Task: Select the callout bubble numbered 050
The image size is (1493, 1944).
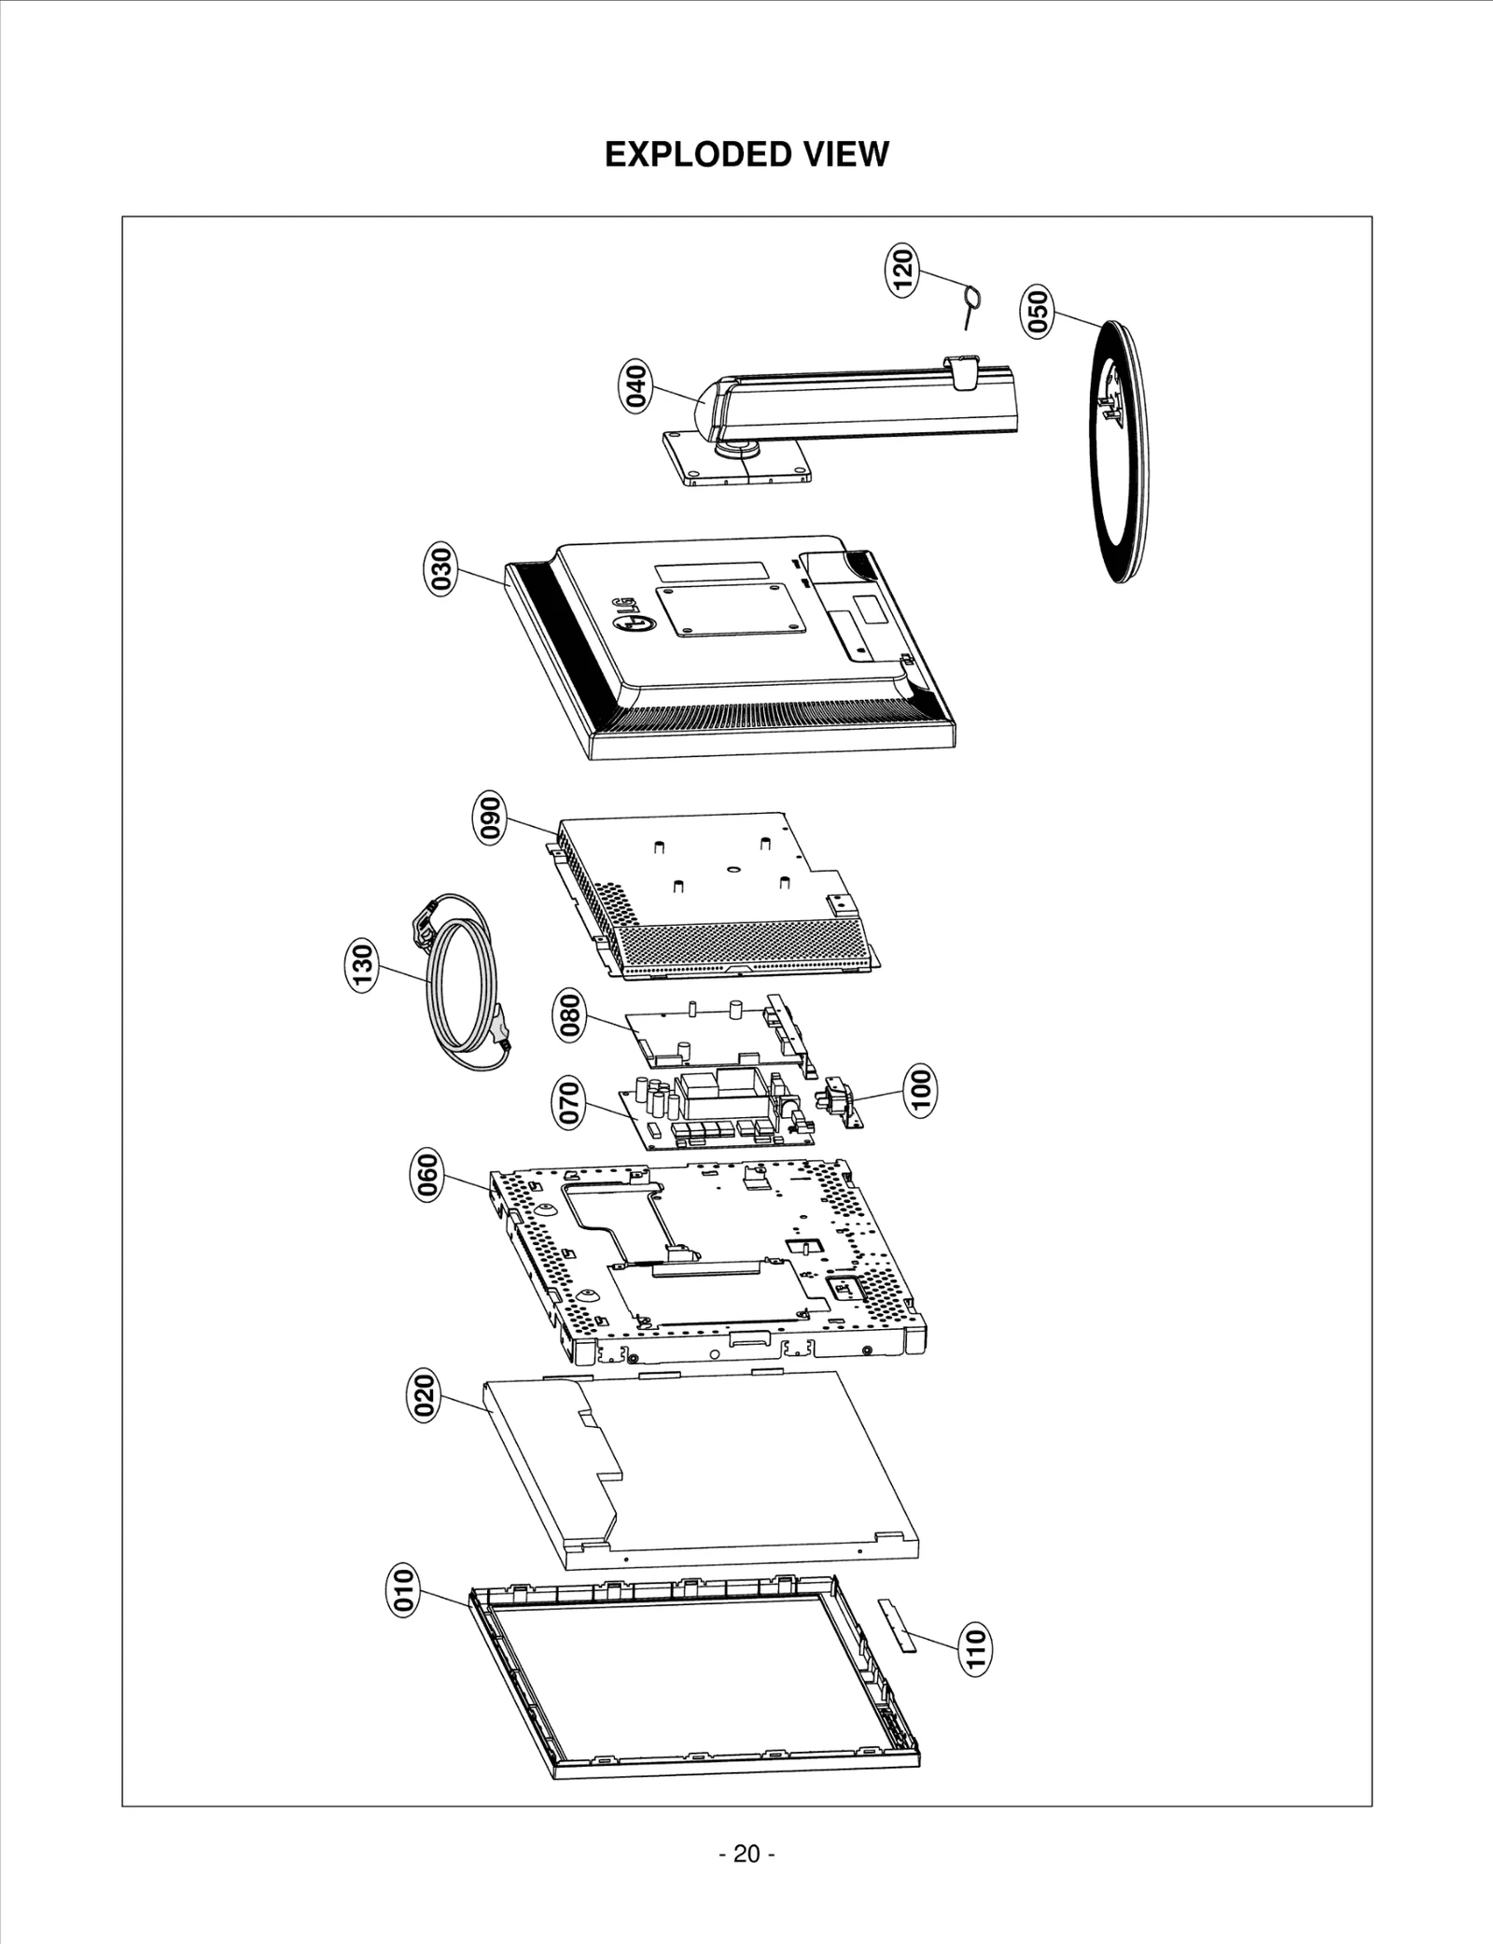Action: (x=1038, y=313)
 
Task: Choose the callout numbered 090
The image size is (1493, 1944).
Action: (x=490, y=818)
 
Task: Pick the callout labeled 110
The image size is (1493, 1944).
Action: (x=975, y=1648)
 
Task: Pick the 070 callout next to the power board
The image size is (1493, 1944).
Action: (x=570, y=1102)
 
